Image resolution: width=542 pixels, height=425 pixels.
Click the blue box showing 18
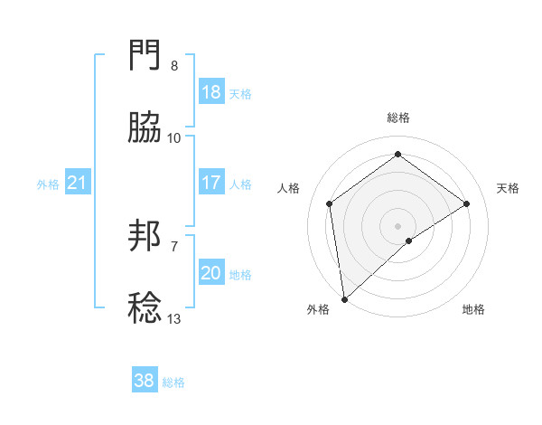211,92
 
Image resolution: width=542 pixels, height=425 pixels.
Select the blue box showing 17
211,183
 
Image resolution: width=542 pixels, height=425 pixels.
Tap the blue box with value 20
211,273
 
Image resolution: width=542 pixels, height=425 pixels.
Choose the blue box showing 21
78,184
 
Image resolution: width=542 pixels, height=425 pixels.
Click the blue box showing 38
145,382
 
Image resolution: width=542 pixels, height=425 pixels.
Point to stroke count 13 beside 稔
174,319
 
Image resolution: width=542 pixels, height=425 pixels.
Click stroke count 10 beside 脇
174,138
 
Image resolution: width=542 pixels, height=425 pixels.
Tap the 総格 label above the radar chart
398,118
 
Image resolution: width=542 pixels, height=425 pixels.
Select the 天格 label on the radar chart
509,188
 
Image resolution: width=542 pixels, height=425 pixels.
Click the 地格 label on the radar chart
473,309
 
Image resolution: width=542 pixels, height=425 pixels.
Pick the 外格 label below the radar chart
318,309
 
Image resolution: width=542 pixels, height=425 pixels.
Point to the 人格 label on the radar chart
288,188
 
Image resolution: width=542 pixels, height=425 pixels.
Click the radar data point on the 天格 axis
467,203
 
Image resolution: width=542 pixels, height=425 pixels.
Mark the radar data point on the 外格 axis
344,298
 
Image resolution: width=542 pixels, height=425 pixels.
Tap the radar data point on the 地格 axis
409,241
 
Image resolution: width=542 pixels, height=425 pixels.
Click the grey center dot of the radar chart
398,225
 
